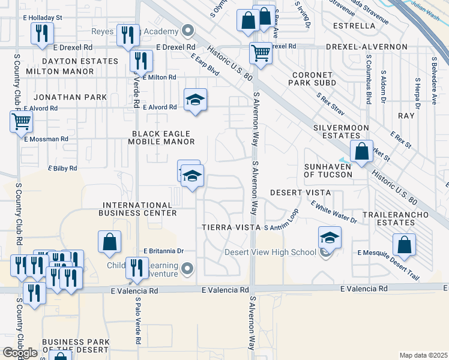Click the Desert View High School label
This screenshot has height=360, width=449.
(270, 252)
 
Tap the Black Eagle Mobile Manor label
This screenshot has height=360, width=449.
(161, 138)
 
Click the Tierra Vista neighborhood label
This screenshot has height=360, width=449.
(232, 227)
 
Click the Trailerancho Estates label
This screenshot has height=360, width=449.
(406, 218)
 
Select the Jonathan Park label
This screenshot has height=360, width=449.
(70, 97)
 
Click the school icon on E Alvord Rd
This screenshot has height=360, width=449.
(195, 100)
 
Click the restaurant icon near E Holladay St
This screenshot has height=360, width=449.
(41, 35)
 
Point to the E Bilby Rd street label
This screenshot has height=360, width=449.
(62, 169)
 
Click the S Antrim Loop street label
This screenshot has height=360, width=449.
(282, 227)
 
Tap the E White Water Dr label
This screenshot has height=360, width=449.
(334, 212)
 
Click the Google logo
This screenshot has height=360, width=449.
(20, 353)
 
